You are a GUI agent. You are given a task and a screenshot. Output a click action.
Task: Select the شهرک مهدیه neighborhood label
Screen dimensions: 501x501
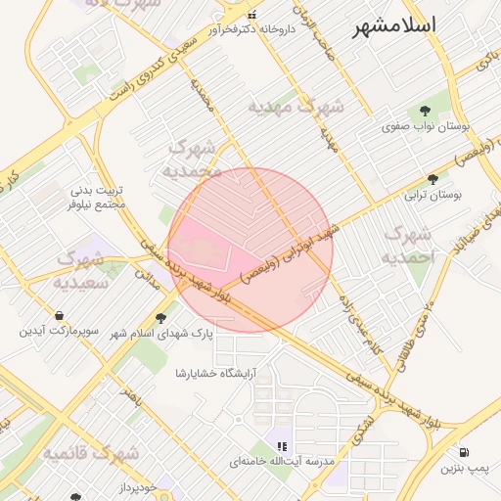[295, 107]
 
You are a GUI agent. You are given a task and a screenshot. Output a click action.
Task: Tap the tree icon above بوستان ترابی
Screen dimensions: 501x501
[433, 179]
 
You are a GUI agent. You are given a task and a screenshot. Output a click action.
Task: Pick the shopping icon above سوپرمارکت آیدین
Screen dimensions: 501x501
[61, 316]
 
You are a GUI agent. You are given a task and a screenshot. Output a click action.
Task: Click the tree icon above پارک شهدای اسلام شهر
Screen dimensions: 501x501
[160, 317]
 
